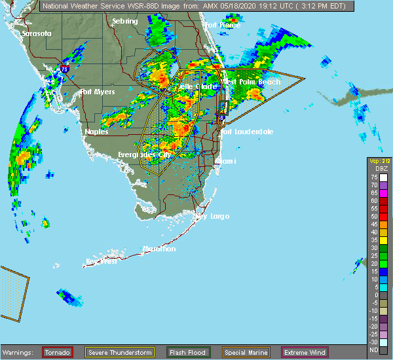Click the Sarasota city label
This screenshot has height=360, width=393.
[36, 33]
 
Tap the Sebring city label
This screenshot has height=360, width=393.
[124, 22]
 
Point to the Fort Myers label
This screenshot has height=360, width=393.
[98, 92]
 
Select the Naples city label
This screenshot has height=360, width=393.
[96, 132]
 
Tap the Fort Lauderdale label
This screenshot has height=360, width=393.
[247, 132]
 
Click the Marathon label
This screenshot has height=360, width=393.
[160, 249]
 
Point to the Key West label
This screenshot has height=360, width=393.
[101, 261]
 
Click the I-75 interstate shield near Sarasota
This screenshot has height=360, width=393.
[64, 67]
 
